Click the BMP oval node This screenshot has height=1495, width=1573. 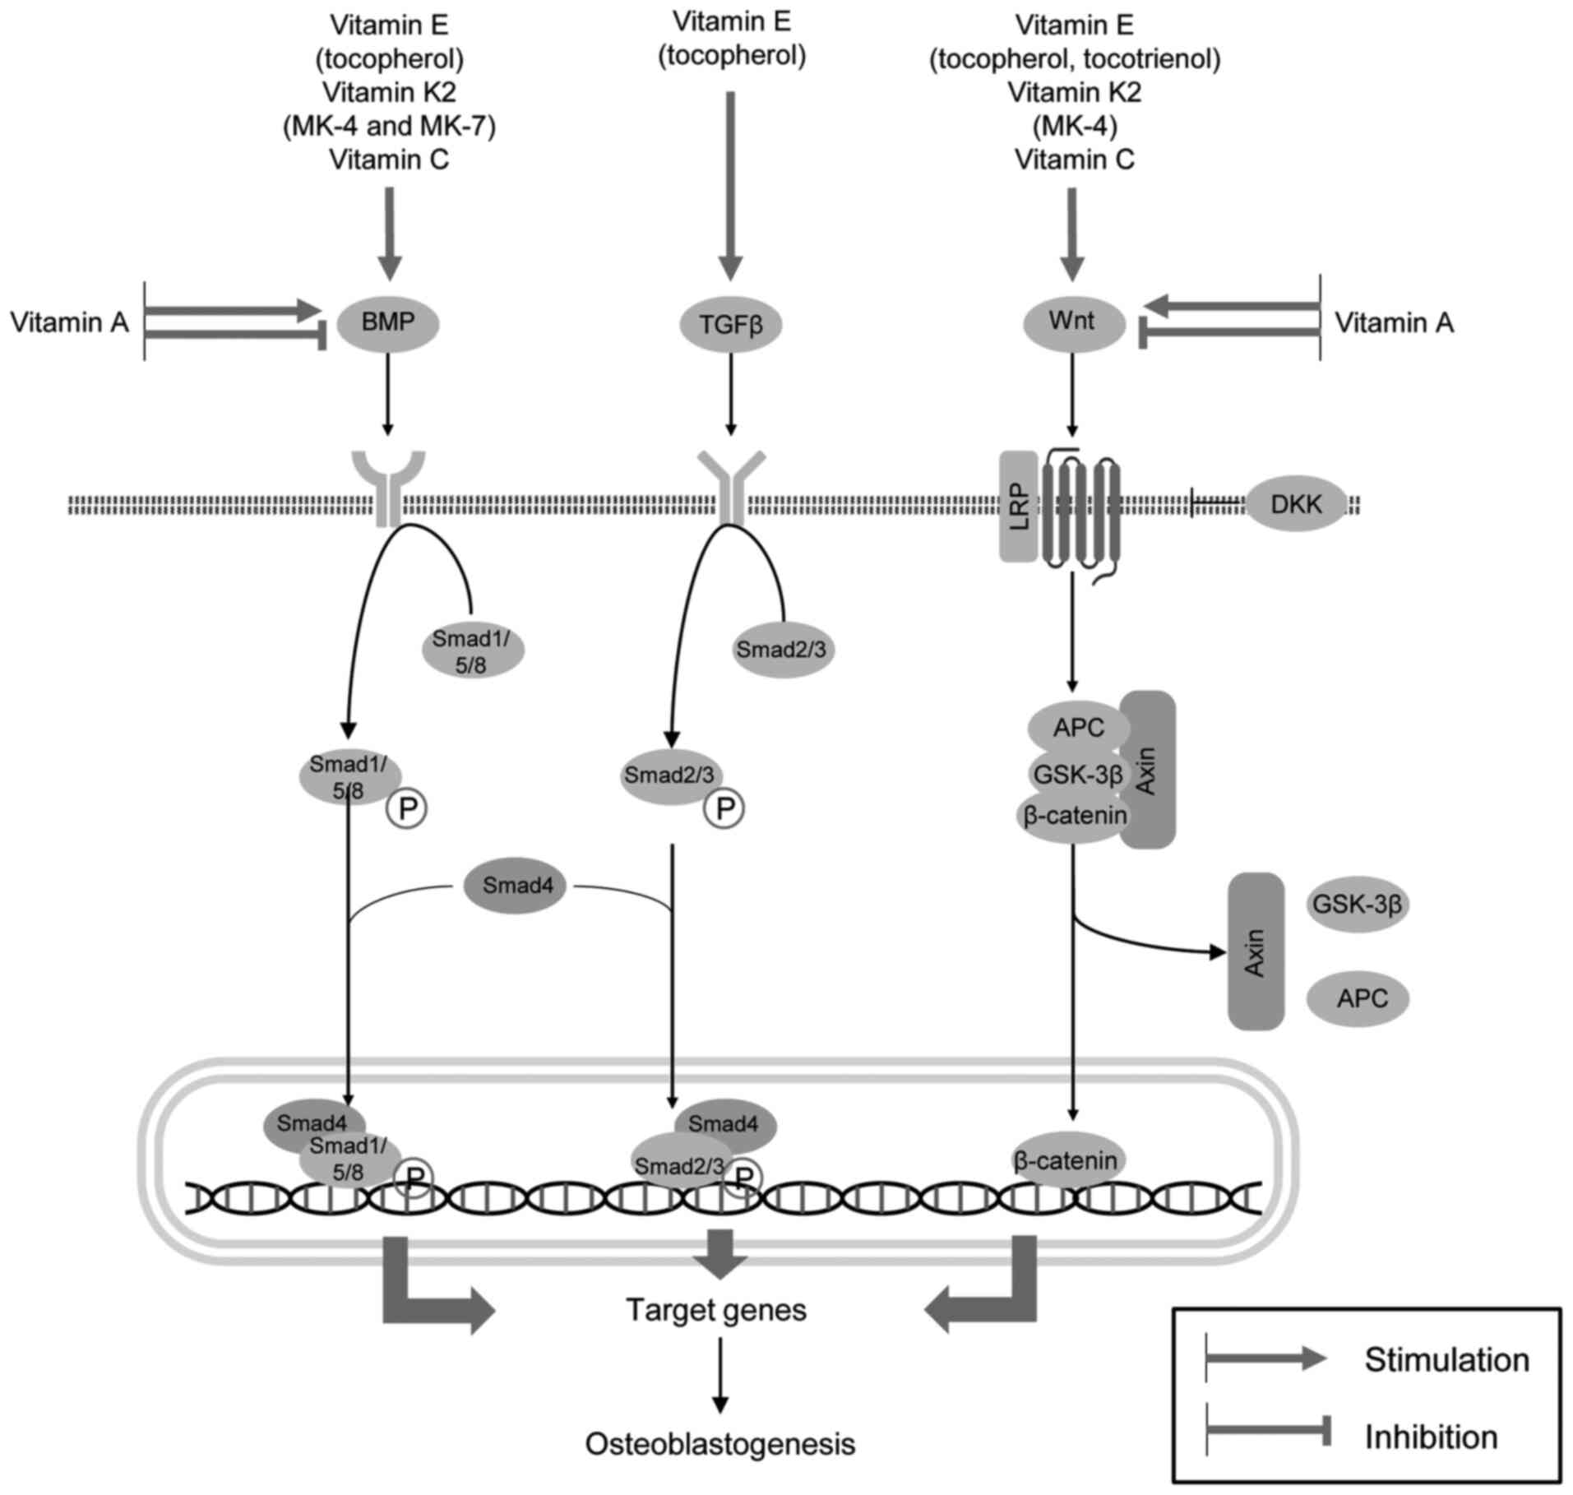tap(388, 323)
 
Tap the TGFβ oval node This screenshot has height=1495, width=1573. tap(730, 325)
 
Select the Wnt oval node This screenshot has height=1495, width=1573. tap(1073, 322)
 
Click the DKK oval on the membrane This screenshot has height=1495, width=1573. tap(1296, 504)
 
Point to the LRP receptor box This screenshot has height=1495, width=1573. tap(1018, 506)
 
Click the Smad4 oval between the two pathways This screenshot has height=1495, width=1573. tap(516, 886)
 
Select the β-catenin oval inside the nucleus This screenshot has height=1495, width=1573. tap(1066, 1160)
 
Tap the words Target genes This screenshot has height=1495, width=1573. tap(716, 1309)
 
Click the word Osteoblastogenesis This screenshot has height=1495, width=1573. tap(719, 1443)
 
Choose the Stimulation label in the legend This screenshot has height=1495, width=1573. tap(1446, 1359)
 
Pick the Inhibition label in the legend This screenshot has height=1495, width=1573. tap(1431, 1437)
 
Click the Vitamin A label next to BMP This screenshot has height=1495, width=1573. tap(70, 322)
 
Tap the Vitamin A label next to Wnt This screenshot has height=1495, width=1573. tap(1394, 322)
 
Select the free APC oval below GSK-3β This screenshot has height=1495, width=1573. tap(1362, 998)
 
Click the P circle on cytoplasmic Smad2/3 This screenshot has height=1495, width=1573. tap(724, 809)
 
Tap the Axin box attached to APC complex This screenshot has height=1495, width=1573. tap(1148, 769)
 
